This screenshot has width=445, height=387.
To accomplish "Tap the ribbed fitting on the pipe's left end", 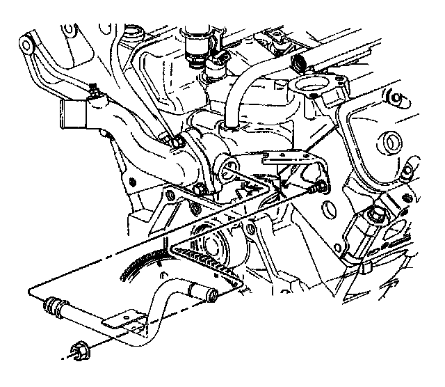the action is [x=55, y=306].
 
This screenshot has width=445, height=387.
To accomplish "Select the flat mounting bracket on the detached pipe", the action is [x=125, y=321].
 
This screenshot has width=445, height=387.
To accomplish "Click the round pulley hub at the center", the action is [x=210, y=244].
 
